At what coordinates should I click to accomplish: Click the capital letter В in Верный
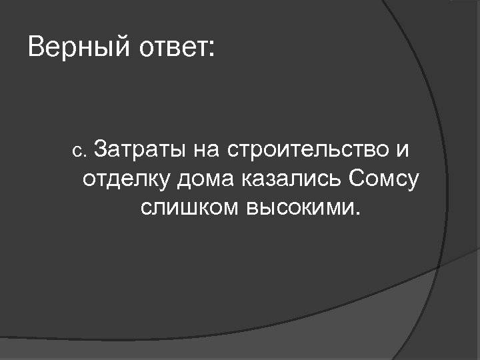pos(37,48)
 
